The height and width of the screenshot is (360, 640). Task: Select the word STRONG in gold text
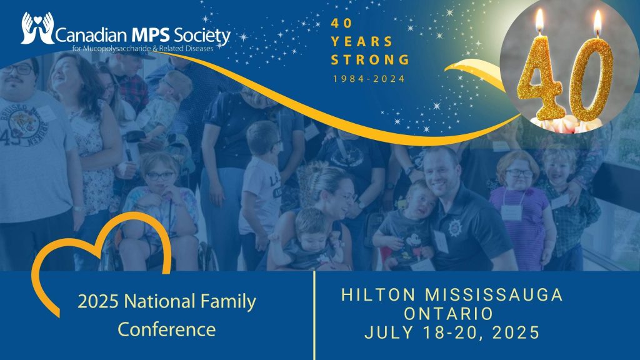(370, 59)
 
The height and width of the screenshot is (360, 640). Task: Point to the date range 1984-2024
(369, 79)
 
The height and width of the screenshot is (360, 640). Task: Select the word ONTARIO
(449, 314)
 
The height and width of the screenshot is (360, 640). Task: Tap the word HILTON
(378, 295)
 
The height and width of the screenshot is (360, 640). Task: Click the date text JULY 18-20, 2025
(452, 332)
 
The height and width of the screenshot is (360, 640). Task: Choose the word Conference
(166, 329)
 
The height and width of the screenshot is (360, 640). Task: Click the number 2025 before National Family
(98, 302)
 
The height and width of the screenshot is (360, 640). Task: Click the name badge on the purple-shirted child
(511, 212)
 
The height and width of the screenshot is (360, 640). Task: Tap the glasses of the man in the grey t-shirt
(18, 69)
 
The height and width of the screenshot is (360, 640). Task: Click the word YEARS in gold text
(362, 42)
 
